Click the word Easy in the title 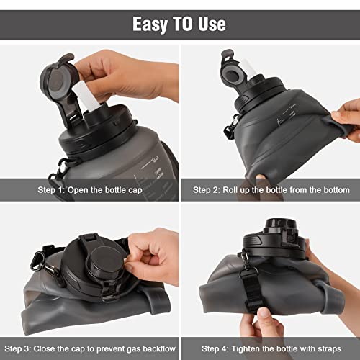click(150, 24)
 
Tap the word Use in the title click(212, 24)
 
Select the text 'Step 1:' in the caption click(51, 190)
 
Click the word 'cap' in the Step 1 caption click(135, 191)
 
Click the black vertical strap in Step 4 click(252, 290)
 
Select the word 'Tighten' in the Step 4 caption click(246, 349)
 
